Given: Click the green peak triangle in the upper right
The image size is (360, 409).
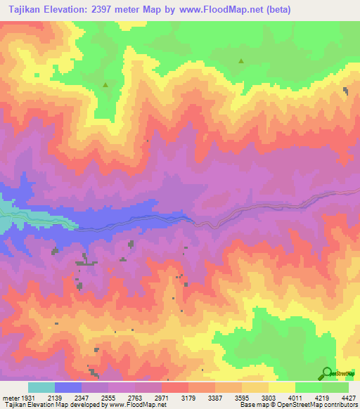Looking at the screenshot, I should click(x=241, y=61).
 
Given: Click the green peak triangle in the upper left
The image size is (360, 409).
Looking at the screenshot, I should click(x=106, y=85).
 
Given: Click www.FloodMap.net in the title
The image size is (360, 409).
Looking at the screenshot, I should click(x=219, y=9).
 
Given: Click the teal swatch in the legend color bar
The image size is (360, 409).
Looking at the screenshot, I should click(x=41, y=387).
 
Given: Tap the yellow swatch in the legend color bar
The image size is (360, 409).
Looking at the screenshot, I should click(x=281, y=387).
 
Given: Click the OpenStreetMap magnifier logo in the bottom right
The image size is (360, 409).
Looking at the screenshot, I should click(x=326, y=373).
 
